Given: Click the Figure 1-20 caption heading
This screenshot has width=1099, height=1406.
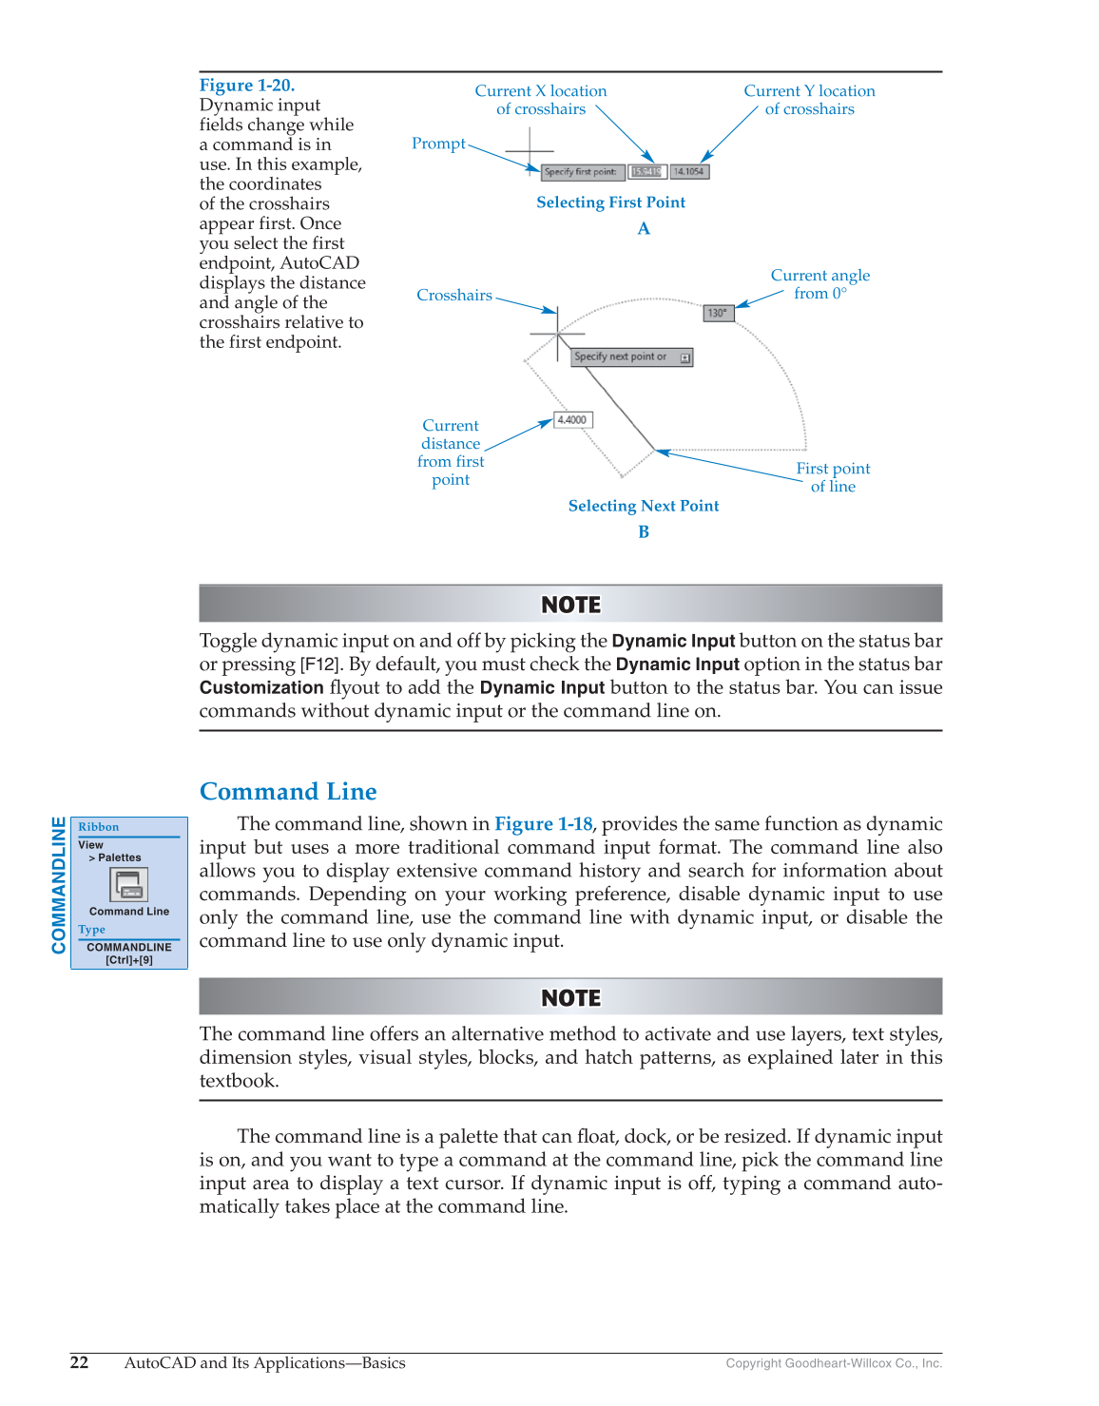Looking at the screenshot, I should point(247,86).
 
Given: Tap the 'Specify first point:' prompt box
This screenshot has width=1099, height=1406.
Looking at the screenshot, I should point(581,172).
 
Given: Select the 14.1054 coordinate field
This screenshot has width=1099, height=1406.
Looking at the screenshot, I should point(689,172).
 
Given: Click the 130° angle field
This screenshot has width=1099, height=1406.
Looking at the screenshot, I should point(718,313).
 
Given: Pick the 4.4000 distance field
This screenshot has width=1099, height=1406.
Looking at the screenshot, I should point(572,420).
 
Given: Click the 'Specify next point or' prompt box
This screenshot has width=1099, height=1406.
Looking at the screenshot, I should point(631,357).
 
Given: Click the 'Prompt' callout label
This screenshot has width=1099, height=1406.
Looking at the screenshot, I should point(438,144).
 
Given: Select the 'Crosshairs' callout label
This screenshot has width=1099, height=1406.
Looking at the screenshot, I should point(454,296).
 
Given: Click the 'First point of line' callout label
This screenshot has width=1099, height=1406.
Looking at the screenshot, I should point(833,477).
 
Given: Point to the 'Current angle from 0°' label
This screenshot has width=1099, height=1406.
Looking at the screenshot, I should point(819,284).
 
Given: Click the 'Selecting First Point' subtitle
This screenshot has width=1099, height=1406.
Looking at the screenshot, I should point(610,202).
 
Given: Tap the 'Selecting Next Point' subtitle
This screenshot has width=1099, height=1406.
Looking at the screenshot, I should point(644,507).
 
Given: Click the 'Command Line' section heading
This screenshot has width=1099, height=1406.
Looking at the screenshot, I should point(288,792).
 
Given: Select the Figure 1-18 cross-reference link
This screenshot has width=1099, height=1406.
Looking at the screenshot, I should point(543,824).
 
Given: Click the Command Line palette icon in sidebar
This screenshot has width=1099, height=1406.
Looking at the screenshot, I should point(128,885).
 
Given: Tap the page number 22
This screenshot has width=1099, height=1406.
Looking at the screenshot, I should point(80,1362).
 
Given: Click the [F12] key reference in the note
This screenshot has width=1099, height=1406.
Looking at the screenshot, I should point(320,664).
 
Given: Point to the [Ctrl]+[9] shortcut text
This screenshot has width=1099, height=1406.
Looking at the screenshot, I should point(129,960).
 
